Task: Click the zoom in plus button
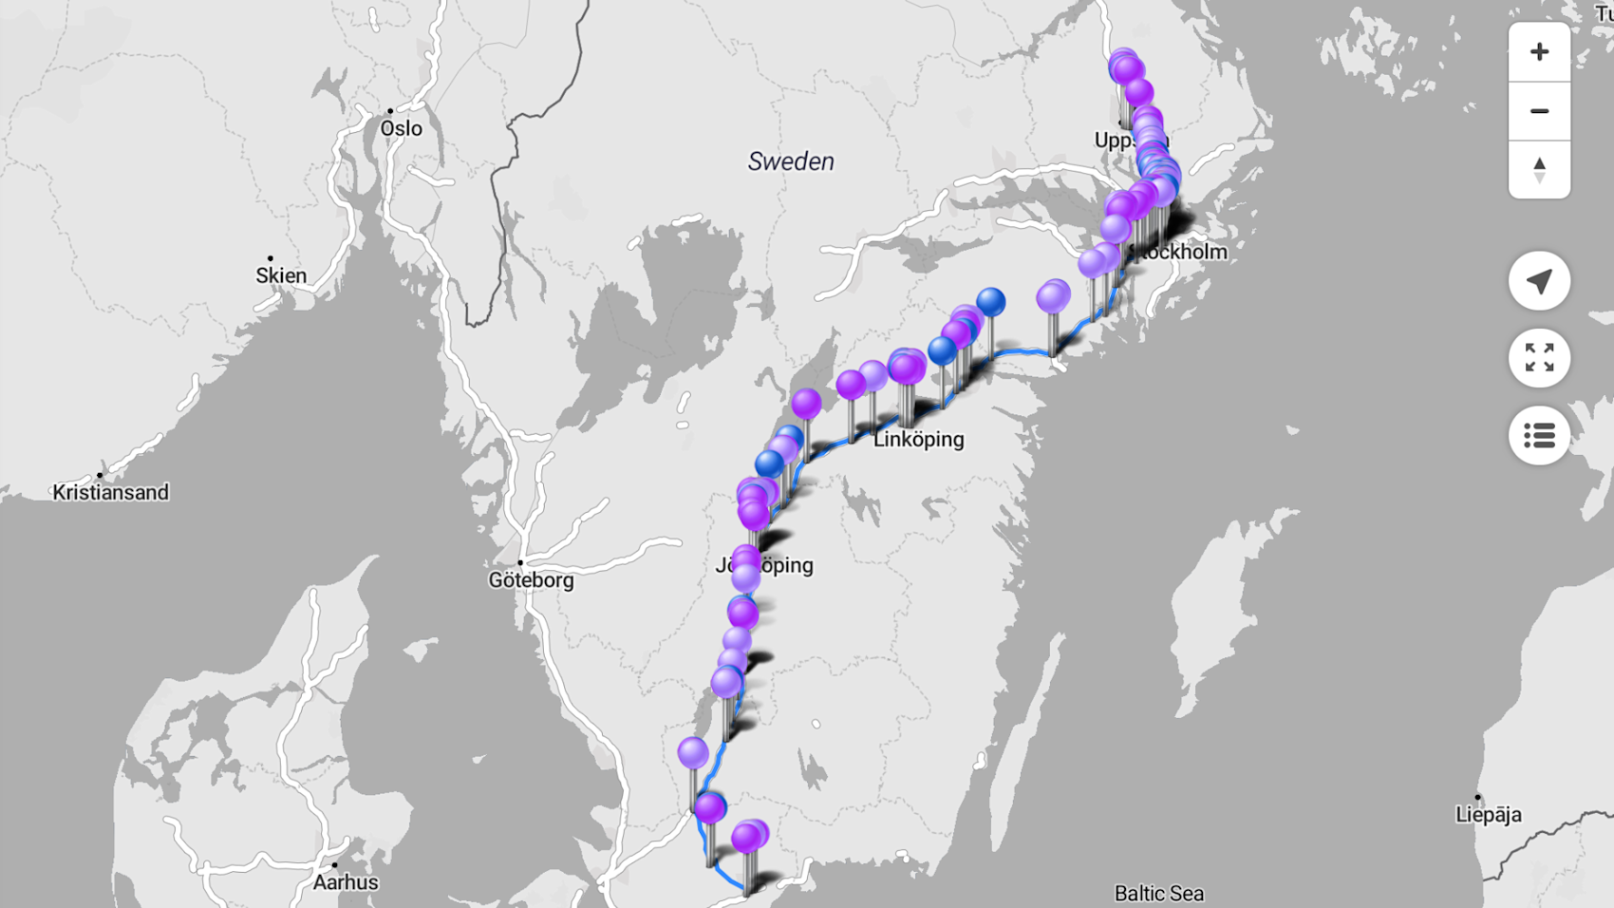pyautogui.click(x=1539, y=51)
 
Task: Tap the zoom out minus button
pyautogui.click(x=1539, y=111)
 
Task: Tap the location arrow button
pyautogui.click(x=1539, y=281)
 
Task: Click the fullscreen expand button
pyautogui.click(x=1539, y=358)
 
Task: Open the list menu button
pyautogui.click(x=1539, y=436)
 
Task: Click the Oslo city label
pyautogui.click(x=401, y=128)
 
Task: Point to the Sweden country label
pyautogui.click(x=791, y=161)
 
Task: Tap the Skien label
pyautogui.click(x=281, y=275)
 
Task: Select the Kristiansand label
pyautogui.click(x=110, y=492)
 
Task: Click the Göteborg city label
pyautogui.click(x=531, y=580)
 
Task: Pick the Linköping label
pyautogui.click(x=918, y=439)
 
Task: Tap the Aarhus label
pyautogui.click(x=346, y=882)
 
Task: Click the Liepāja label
pyautogui.click(x=1488, y=814)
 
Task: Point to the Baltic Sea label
pyautogui.click(x=1158, y=893)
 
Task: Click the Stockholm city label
pyautogui.click(x=1182, y=252)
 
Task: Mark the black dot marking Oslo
pyautogui.click(x=390, y=111)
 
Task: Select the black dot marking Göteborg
pyautogui.click(x=520, y=562)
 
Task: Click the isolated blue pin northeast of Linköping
pyautogui.click(x=990, y=302)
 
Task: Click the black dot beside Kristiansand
pyautogui.click(x=100, y=475)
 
